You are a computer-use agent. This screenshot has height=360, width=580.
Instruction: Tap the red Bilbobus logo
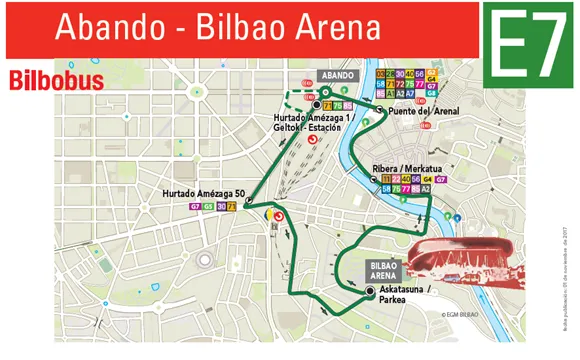pos(56,80)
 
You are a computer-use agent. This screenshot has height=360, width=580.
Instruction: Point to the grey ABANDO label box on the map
pos(337,75)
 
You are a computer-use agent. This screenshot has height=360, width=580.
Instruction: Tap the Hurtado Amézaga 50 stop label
pos(203,192)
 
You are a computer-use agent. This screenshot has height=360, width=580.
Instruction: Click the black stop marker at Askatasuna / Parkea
pos(370,292)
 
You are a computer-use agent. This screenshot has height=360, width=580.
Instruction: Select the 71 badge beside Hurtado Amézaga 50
pos(232,206)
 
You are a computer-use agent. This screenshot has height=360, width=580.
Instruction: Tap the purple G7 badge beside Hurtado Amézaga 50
pos(195,206)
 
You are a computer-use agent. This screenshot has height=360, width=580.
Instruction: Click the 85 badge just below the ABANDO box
pos(349,104)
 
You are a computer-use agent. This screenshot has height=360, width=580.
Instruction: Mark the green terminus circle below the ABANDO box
pos(325,92)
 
